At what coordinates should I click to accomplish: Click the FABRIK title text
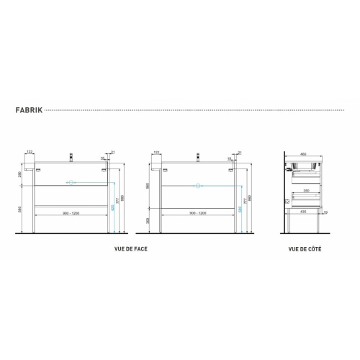[28, 112]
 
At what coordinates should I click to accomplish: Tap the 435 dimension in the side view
[305, 212]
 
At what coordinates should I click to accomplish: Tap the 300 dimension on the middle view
[148, 220]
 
